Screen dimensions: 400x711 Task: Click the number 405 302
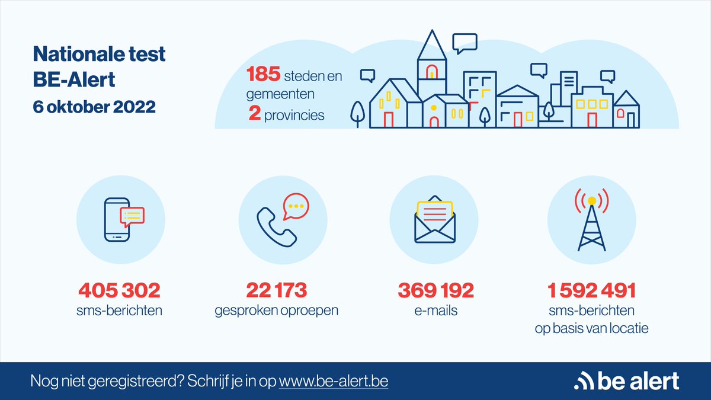[x=119, y=290]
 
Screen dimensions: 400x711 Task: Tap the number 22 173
[x=276, y=290]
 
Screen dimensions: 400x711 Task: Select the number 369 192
[x=435, y=290]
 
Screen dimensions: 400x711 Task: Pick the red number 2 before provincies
[x=255, y=114]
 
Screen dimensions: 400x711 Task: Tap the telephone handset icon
[x=276, y=225]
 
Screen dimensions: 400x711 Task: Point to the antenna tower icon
[x=591, y=220]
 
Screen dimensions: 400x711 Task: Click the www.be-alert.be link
[x=334, y=380]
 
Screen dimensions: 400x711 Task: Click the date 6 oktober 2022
[x=94, y=108]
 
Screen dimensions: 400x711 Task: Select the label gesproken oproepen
[x=276, y=310]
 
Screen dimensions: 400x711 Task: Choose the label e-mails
[x=435, y=310]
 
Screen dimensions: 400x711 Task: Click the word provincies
[x=295, y=114]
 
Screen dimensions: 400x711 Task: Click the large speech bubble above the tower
[x=464, y=42]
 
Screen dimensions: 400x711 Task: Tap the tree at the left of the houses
[x=357, y=113]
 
